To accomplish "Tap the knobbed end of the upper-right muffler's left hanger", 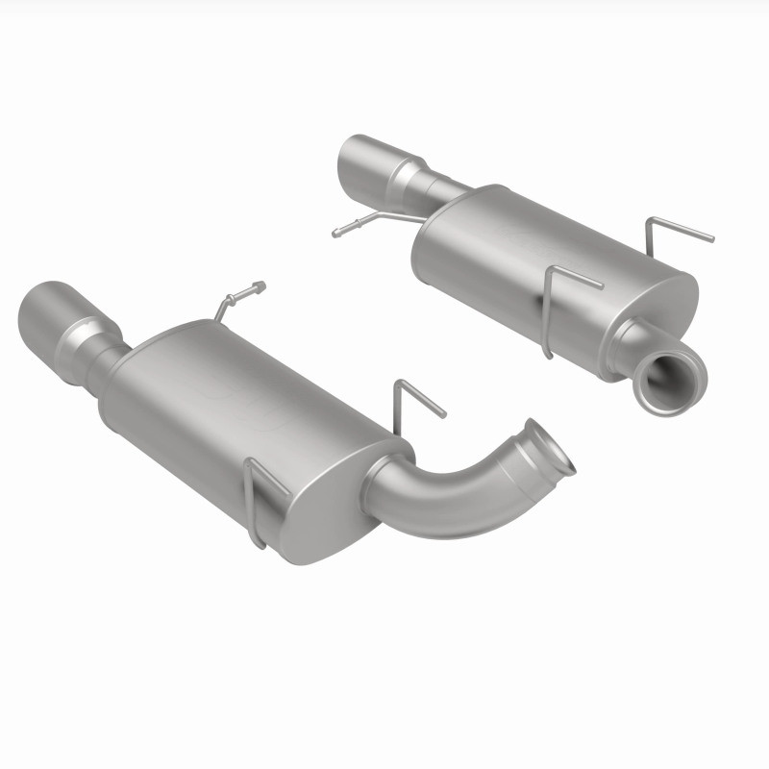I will pyautogui.click(x=337, y=232).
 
